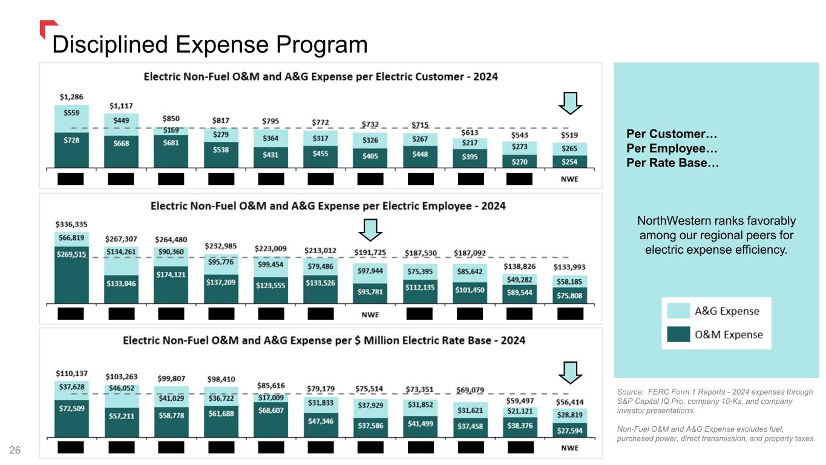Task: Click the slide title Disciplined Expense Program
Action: pyautogui.click(x=210, y=44)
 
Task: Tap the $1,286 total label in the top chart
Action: pyautogui.click(x=71, y=96)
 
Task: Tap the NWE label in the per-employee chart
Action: pyautogui.click(x=370, y=314)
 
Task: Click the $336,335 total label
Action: pyautogui.click(x=71, y=224)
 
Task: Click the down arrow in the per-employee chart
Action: pyautogui.click(x=370, y=229)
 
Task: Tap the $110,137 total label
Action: pyautogui.click(x=71, y=374)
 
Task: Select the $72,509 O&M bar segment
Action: pyautogui.click(x=71, y=418)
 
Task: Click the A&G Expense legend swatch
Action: pyautogui.click(x=678, y=311)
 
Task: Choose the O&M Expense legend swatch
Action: pyautogui.click(x=678, y=335)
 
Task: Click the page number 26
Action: pyautogui.click(x=15, y=450)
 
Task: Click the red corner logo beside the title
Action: pyautogui.click(x=48, y=28)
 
